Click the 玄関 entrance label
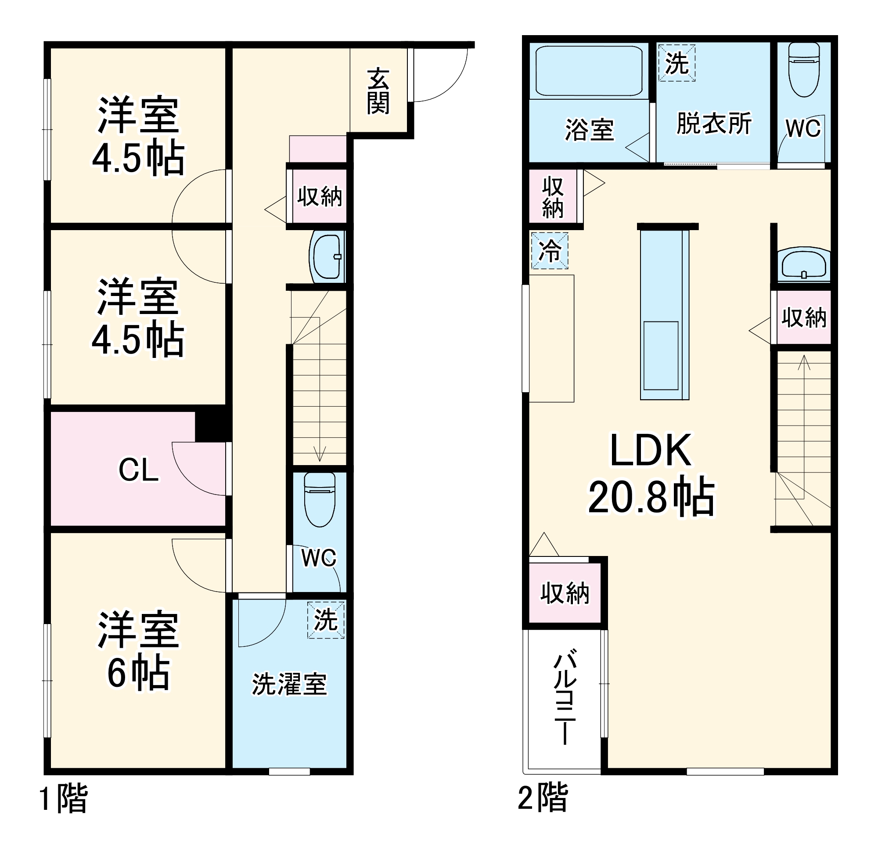click(378, 92)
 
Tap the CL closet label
click(138, 470)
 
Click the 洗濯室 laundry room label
click(289, 684)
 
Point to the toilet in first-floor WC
click(320, 500)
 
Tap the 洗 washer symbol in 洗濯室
click(326, 620)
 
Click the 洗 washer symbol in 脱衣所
click(676, 63)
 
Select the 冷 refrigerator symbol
click(550, 250)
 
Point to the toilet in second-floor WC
click(804, 69)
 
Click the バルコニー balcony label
click(565, 699)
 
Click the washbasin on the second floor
click(804, 264)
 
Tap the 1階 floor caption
click(64, 798)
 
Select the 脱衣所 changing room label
click(714, 123)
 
